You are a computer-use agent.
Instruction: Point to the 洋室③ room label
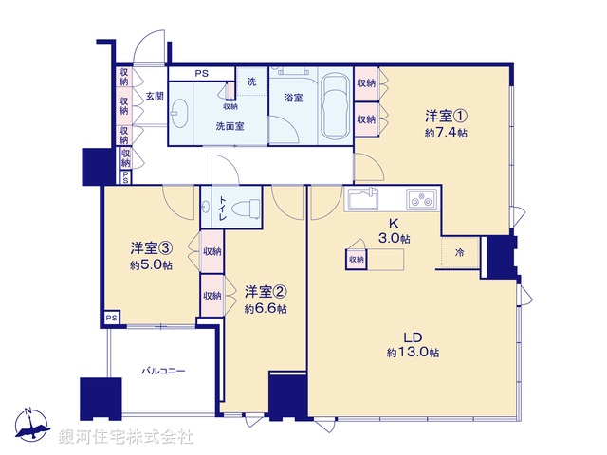pyautogui.click(x=152, y=248)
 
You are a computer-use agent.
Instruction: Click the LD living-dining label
pyautogui.click(x=413, y=336)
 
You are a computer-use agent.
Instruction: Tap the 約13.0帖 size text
pyautogui.click(x=413, y=353)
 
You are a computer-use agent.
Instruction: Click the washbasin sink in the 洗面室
pyautogui.click(x=182, y=110)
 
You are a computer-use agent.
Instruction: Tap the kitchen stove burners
pyautogui.click(x=420, y=200)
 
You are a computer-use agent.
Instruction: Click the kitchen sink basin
pyautogui.click(x=364, y=201)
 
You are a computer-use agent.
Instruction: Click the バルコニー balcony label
pyautogui.click(x=163, y=372)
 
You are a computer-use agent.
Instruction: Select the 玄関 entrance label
pyautogui.click(x=155, y=97)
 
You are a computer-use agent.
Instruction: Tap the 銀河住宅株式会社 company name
pyautogui.click(x=126, y=437)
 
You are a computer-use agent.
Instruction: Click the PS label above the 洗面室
pyautogui.click(x=201, y=73)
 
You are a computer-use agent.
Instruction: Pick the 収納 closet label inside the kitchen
pyautogui.click(x=356, y=259)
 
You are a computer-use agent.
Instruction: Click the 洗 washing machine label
pyautogui.click(x=251, y=82)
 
